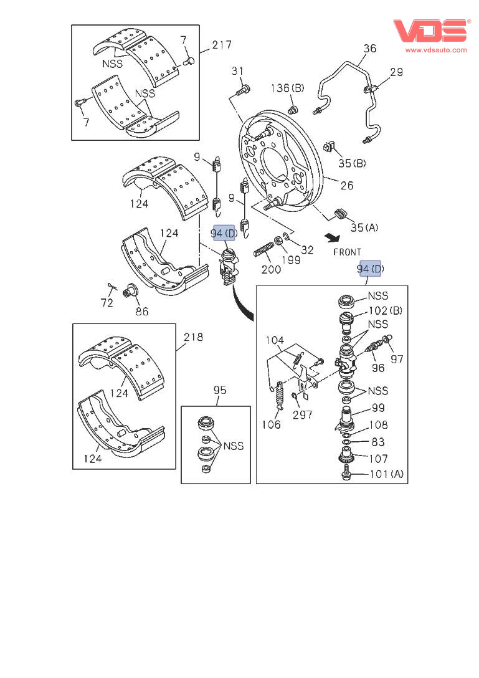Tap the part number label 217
[x=221, y=45]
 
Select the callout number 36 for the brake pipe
[x=369, y=49]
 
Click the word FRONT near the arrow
[x=347, y=252]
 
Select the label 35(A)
[x=364, y=227]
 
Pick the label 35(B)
[x=353, y=164]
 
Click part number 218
[x=194, y=337]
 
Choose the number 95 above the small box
[x=220, y=391]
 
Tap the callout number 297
[x=303, y=414]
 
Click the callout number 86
[x=142, y=310]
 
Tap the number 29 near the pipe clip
[x=396, y=73]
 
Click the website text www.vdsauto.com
[x=436, y=50]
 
